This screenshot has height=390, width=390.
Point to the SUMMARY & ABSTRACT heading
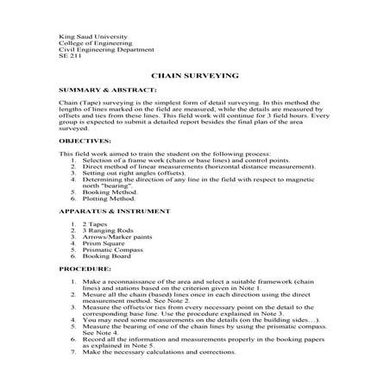click(x=107, y=90)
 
